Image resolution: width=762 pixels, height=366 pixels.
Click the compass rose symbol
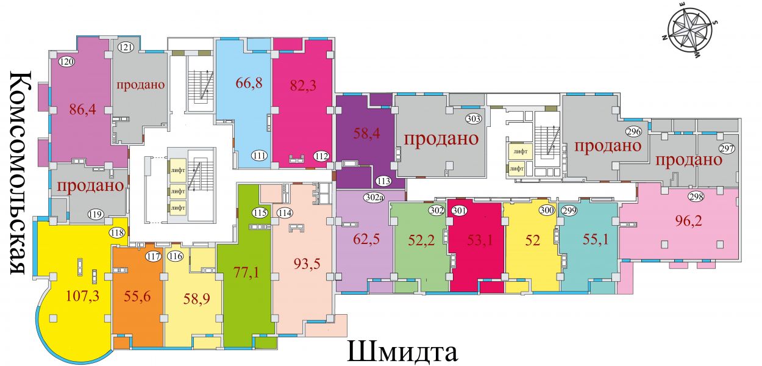point(689,35)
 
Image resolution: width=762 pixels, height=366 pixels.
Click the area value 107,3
point(83,295)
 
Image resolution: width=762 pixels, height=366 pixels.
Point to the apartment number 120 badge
point(66,62)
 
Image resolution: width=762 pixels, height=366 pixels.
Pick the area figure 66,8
point(249,83)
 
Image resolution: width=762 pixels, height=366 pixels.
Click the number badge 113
point(383,181)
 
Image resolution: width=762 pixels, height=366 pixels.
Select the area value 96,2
point(688,221)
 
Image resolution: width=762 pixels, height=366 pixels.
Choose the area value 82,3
point(303,85)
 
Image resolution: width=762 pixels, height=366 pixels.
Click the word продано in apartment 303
point(441,139)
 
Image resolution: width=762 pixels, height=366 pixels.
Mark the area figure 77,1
point(246,273)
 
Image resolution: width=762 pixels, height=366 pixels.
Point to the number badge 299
point(569,211)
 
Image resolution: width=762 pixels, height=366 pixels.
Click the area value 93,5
point(307,264)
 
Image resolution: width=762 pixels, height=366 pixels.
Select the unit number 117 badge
point(154,256)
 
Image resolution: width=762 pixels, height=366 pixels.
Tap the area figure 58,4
point(366,133)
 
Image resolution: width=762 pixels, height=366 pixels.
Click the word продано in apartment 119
point(90,186)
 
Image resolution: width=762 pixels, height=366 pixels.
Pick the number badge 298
point(696,196)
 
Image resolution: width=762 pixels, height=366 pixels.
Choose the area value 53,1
point(480,240)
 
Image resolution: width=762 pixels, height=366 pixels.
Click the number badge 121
point(126,48)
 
